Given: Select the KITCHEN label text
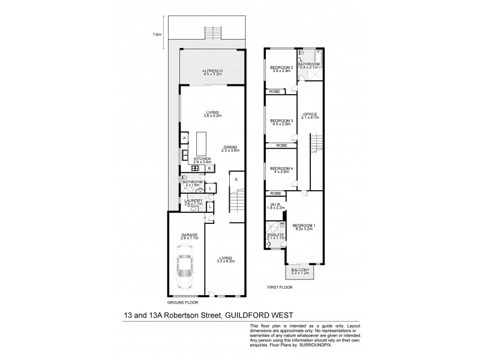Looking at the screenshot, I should click(x=202, y=159).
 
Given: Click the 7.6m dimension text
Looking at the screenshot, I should click(x=157, y=35).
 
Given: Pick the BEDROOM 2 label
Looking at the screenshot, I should click(x=281, y=67).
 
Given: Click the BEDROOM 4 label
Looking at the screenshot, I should click(x=281, y=168).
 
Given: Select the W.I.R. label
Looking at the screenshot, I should click(x=276, y=205).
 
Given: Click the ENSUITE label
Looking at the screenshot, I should click(x=274, y=236).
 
